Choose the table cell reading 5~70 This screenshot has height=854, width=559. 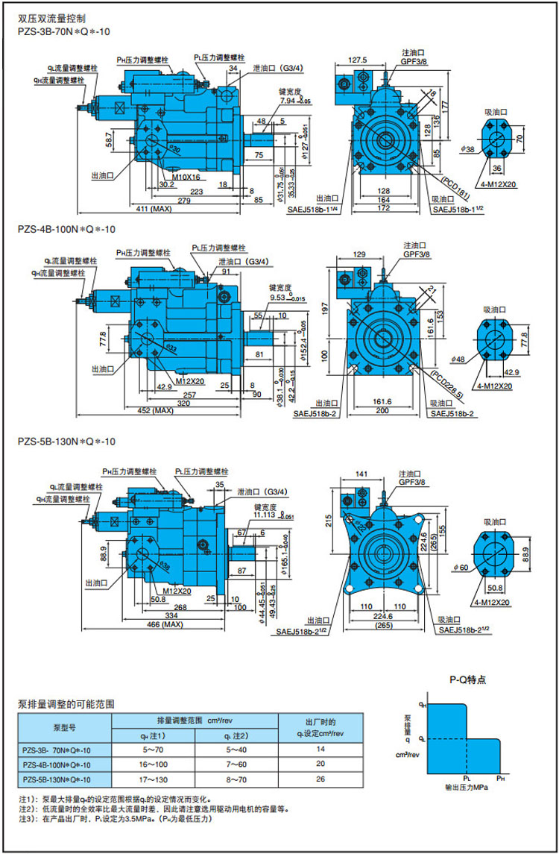(x=153, y=749)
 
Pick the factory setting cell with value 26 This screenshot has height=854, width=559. (x=320, y=779)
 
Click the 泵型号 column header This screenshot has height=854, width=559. (x=66, y=726)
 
